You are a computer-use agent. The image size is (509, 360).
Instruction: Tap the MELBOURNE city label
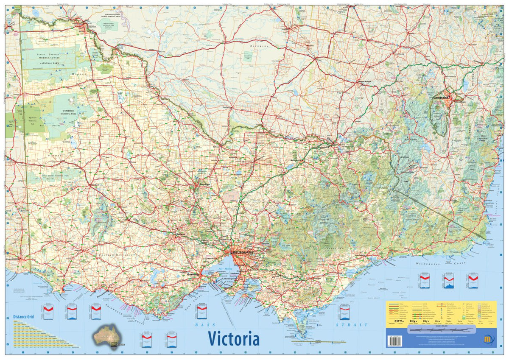click(243, 252)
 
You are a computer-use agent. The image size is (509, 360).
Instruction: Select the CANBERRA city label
click(441, 98)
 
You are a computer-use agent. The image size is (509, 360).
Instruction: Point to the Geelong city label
click(193, 275)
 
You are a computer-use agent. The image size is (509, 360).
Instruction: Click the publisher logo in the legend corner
click(488, 339)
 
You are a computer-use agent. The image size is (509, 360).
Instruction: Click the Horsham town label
click(94, 185)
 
